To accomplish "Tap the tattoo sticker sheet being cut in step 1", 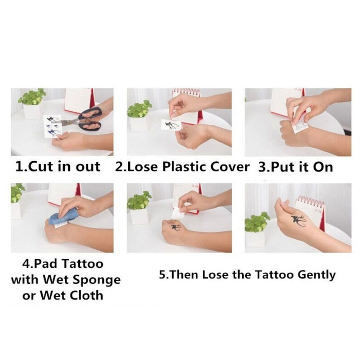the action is point(52,126).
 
